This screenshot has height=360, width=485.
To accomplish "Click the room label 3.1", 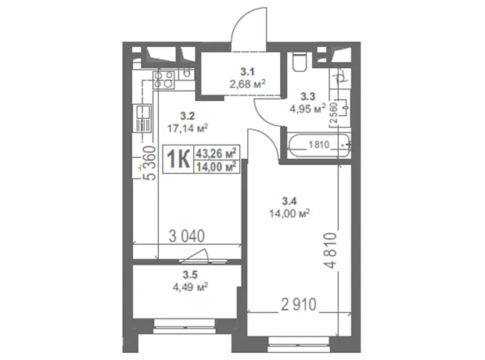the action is (247, 72).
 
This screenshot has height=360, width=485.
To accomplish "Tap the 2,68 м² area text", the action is (247, 84).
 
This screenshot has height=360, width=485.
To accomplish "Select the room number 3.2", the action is (188, 117).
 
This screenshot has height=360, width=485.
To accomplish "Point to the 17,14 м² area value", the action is (188, 128).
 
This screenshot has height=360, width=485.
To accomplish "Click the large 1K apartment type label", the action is (178, 160).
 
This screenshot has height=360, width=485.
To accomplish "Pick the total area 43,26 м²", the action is (217, 153).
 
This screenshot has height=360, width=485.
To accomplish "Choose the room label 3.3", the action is (308, 96).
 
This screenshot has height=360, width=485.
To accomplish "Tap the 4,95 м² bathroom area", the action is (307, 108).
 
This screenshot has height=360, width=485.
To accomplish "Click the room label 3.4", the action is (289, 201).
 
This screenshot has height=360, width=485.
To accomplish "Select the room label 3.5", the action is (190, 275).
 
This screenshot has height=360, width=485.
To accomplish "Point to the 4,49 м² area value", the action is (190, 286).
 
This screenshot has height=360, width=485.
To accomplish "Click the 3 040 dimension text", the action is (186, 236).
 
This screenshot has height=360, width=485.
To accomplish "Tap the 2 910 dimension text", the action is (299, 304).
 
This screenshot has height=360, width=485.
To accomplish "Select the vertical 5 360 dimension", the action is (150, 163).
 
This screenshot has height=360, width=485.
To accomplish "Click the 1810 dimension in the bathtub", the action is (319, 145).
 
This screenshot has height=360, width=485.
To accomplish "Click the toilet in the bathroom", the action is (300, 63).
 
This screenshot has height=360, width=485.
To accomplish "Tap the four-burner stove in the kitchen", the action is (163, 80).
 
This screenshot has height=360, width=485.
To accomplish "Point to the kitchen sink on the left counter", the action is (142, 118).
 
